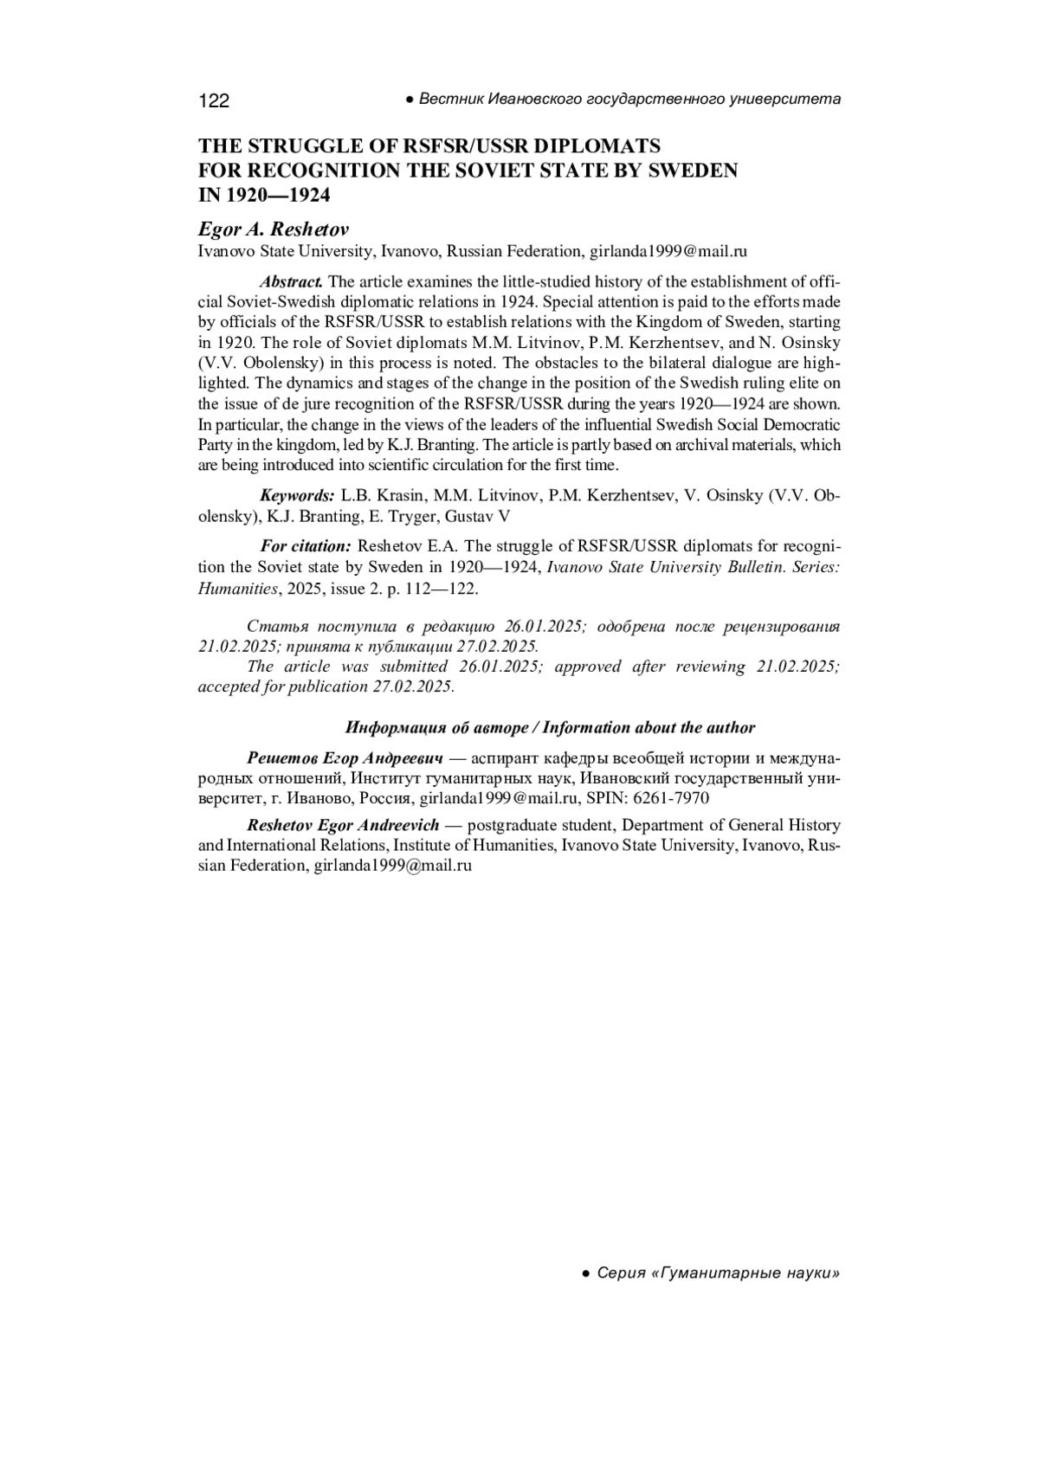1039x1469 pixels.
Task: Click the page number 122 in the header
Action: pos(214,101)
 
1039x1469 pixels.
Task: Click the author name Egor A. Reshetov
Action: pos(274,229)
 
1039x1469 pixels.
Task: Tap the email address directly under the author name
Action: pos(668,252)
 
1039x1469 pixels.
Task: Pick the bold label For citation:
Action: pos(305,547)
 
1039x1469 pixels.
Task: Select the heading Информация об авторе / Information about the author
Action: pos(550,728)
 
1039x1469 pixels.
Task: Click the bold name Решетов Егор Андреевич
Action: pos(345,758)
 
